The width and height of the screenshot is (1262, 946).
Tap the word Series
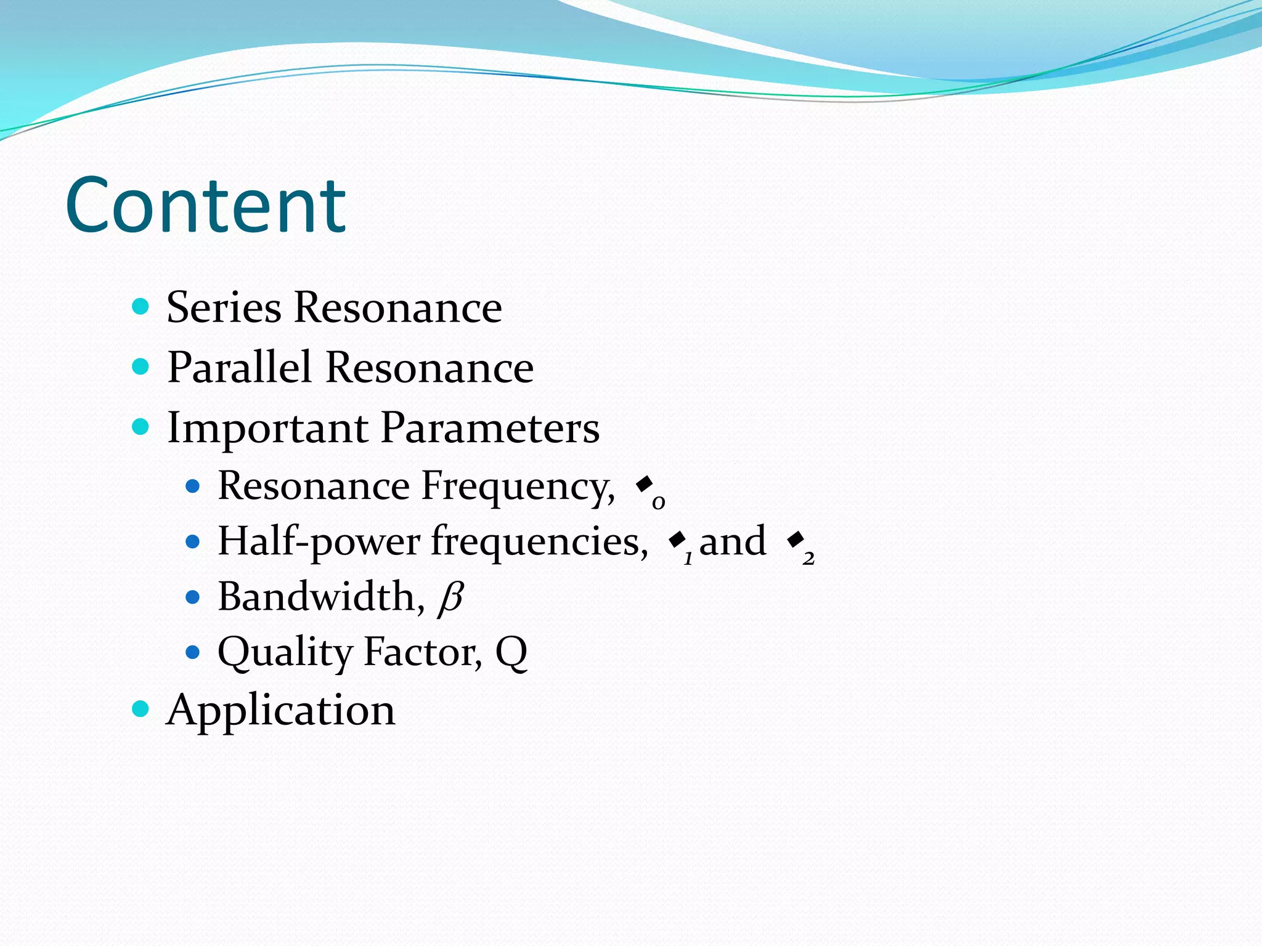point(224,307)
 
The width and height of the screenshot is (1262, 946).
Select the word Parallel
point(239,368)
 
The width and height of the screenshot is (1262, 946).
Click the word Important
point(267,428)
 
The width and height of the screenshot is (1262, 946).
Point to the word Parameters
point(490,428)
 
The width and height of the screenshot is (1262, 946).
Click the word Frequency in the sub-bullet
point(518,487)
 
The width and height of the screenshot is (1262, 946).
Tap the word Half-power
point(319,542)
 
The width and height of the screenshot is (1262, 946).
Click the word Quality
point(285,652)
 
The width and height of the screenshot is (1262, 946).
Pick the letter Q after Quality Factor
point(511,652)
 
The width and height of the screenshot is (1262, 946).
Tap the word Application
point(281,710)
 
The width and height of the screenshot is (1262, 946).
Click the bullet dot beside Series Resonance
point(140,306)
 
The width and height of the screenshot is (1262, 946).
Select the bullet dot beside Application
point(140,709)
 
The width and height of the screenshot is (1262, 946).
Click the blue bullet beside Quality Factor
point(193,652)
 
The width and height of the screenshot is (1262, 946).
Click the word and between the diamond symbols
point(733,542)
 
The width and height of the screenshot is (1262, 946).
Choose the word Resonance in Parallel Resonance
point(429,368)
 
